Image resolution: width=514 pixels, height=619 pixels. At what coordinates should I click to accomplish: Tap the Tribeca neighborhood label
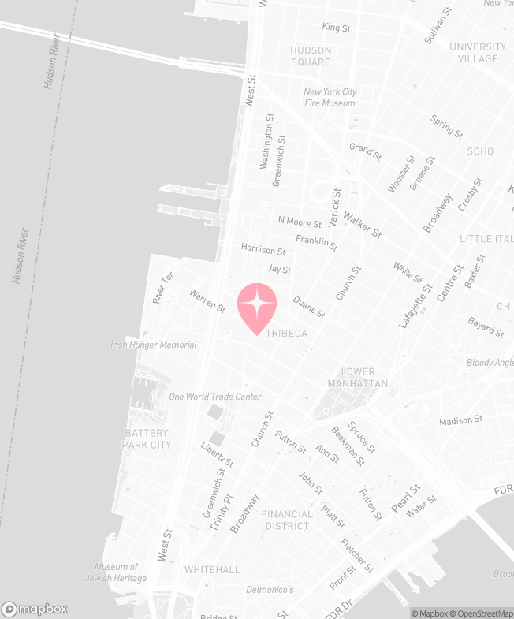point(286,334)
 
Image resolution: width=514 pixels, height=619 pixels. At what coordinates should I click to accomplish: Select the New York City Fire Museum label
point(330,98)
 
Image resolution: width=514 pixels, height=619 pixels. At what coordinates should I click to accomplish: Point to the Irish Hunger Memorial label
point(154,345)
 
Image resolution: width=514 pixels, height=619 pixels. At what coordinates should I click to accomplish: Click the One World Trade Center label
point(214,397)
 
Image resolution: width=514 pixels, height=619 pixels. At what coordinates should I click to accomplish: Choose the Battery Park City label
point(147,439)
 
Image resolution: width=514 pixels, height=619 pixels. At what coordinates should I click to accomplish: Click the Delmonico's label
point(270,590)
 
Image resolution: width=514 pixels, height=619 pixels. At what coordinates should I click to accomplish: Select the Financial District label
point(287,520)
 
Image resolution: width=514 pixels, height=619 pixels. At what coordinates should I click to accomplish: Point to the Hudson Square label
point(311,56)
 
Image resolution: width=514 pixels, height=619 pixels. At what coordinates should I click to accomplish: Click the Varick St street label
point(336,204)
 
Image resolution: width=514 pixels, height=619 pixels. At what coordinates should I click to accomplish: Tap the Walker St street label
point(362,224)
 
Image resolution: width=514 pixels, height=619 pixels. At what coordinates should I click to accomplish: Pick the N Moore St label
point(300,222)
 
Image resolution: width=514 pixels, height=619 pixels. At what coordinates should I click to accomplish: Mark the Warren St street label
point(207,300)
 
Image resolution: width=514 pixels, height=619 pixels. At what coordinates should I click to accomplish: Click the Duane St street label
point(309,307)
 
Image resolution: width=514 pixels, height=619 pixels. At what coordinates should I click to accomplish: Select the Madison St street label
point(460,421)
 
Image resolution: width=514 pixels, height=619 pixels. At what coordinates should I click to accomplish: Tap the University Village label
point(478,53)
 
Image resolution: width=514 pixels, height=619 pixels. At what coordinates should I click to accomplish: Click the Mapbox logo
point(35,609)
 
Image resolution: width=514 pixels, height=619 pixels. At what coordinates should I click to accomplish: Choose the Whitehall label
point(212,569)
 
